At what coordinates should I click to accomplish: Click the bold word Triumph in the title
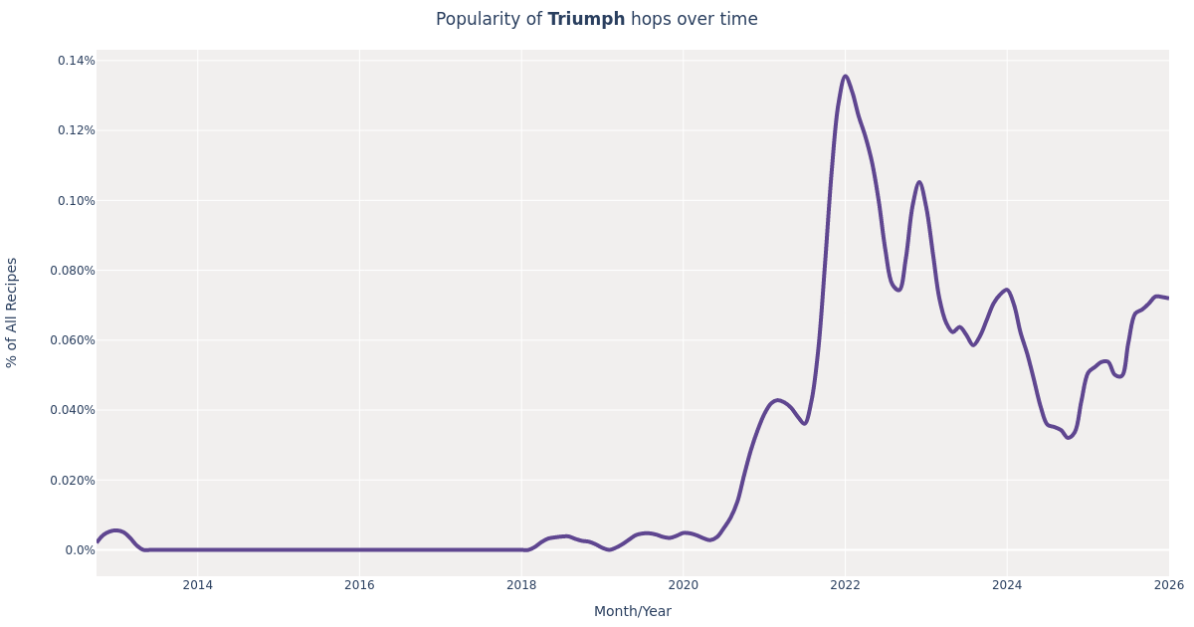point(586,20)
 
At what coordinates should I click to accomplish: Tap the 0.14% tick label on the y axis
point(77,61)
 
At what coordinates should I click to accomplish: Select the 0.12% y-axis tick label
point(77,130)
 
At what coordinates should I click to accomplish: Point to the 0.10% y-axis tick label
point(77,200)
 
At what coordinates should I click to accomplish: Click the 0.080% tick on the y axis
point(74,270)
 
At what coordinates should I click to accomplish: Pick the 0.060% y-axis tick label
point(74,340)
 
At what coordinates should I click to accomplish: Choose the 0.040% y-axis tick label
point(74,410)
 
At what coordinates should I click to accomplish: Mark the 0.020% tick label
point(74,480)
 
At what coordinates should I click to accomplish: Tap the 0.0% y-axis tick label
point(81,550)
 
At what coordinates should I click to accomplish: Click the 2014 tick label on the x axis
point(197,585)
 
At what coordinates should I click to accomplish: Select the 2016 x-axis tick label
point(359,585)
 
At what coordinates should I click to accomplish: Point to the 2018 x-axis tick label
point(521,585)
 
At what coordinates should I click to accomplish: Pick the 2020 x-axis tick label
point(683,585)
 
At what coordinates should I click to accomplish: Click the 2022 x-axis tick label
point(845,585)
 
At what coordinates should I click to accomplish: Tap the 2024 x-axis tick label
point(1006,585)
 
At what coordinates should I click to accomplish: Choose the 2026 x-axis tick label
point(1168,585)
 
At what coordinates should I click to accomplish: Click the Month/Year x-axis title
point(632,612)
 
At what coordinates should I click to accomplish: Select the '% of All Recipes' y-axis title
point(12,313)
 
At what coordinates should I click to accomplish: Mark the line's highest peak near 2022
point(846,76)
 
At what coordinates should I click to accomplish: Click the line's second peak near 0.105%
point(919,182)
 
